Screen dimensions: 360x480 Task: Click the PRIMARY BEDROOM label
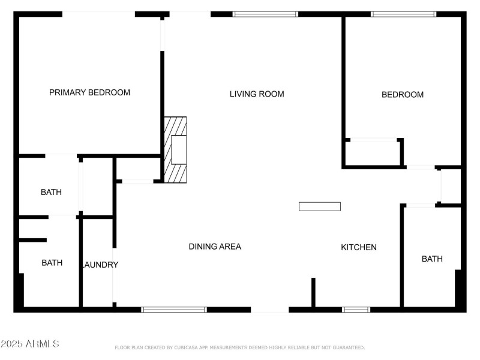point(89,92)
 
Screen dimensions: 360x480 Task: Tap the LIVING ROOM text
point(257,94)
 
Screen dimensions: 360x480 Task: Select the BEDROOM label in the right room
point(403,94)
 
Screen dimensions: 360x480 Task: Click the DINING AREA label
point(215,247)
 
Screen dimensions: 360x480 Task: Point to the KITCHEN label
point(359,247)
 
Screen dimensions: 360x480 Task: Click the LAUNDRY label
point(100,265)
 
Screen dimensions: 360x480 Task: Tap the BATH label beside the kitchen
point(432,259)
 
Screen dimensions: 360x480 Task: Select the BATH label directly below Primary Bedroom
point(51,193)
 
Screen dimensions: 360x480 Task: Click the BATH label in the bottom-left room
point(52,263)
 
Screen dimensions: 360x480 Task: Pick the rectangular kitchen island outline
point(320,206)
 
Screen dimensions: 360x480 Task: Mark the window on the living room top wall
point(265,14)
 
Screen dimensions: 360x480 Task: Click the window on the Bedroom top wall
point(403,14)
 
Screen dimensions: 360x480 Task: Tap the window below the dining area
point(174,310)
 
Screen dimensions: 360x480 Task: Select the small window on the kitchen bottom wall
point(356,310)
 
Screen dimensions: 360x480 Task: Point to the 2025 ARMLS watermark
point(30,344)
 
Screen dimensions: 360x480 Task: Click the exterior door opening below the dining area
point(269,310)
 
